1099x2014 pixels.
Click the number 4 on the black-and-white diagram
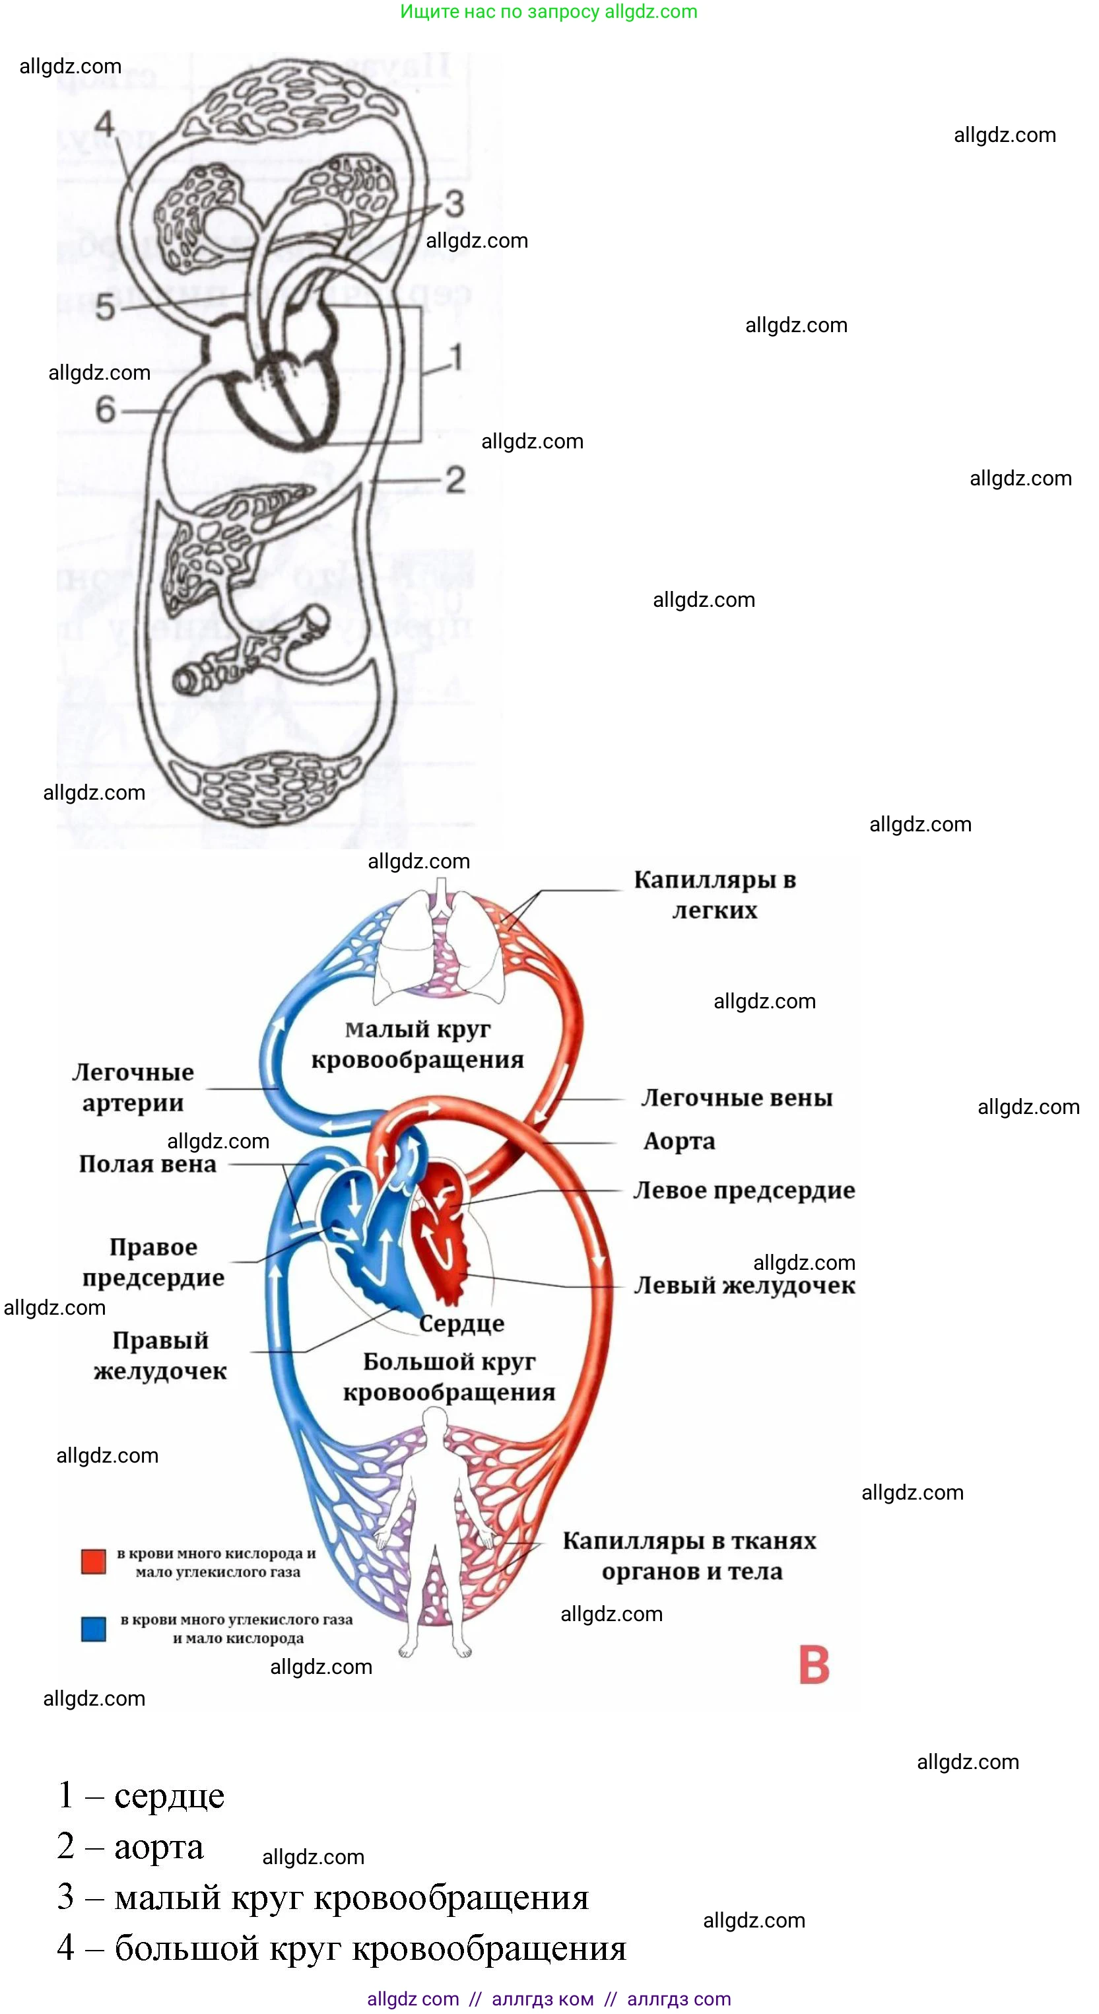pyautogui.click(x=105, y=124)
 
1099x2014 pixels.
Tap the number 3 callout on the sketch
pyautogui.click(x=454, y=204)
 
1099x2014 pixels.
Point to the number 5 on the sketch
pyautogui.click(x=105, y=307)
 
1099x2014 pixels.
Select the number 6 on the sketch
pyautogui.click(x=105, y=409)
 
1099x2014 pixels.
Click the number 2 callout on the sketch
pyautogui.click(x=455, y=480)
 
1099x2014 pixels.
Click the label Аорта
pyautogui.click(x=679, y=1142)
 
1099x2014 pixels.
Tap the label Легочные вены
pyautogui.click(x=737, y=1097)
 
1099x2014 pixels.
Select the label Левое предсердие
pyautogui.click(x=743, y=1190)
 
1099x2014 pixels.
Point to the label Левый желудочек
pyautogui.click(x=743, y=1286)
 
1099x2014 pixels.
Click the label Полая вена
pyautogui.click(x=148, y=1164)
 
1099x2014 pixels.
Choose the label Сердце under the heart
pyautogui.click(x=461, y=1324)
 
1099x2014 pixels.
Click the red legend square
pyautogui.click(x=94, y=1561)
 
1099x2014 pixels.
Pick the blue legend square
pyautogui.click(x=94, y=1628)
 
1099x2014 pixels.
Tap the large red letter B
pyautogui.click(x=814, y=1665)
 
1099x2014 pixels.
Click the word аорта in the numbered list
pyautogui.click(x=158, y=1847)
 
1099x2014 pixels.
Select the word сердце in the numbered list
pyautogui.click(x=169, y=1796)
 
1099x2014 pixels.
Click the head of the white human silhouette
pyautogui.click(x=434, y=1422)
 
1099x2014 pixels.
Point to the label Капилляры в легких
pyautogui.click(x=714, y=895)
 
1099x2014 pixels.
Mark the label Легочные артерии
pyautogui.click(x=133, y=1088)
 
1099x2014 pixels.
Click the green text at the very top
pyautogui.click(x=548, y=12)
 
